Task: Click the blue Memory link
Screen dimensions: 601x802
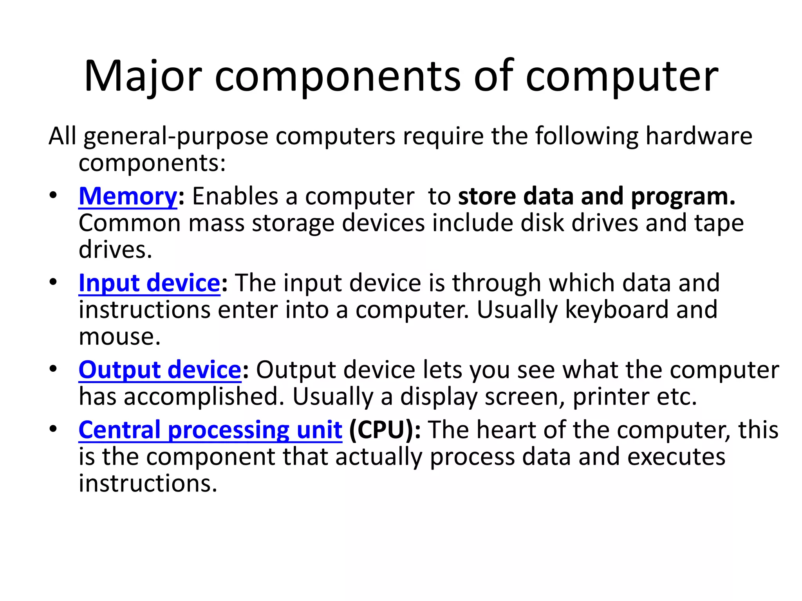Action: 128,196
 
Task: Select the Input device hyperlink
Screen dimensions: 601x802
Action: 149,283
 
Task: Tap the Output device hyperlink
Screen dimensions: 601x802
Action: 160,370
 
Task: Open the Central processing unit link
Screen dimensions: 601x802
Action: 210,430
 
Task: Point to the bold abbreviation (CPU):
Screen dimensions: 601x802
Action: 385,430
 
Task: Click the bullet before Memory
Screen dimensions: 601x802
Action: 53,195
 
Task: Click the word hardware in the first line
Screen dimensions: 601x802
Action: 699,136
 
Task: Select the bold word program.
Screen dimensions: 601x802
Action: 683,196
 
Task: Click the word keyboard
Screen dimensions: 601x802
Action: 617,310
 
